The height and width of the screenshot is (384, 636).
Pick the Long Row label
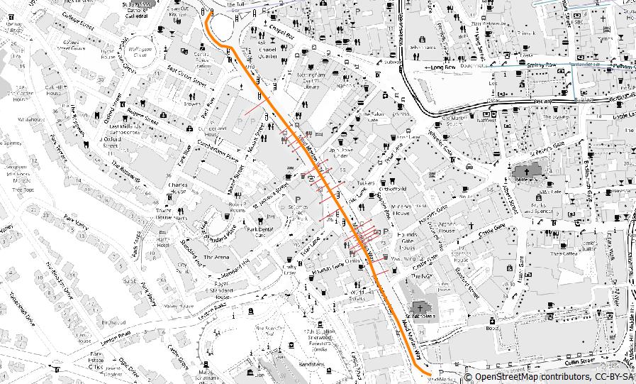point(444,67)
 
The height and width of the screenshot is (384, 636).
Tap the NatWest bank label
point(487,121)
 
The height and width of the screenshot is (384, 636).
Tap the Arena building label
point(217,256)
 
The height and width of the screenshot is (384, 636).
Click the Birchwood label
point(113,322)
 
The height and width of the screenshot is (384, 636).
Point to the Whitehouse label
point(31,119)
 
